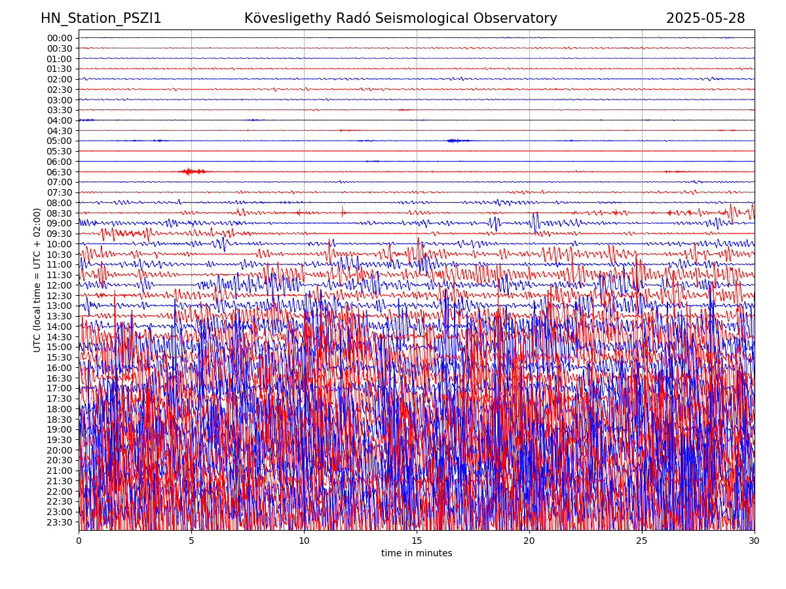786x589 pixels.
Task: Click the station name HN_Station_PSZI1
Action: (x=101, y=18)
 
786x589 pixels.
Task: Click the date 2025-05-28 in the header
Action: (x=705, y=18)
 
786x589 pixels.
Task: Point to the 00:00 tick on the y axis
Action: (x=60, y=38)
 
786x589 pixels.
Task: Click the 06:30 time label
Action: (x=60, y=172)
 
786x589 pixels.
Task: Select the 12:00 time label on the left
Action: (x=60, y=285)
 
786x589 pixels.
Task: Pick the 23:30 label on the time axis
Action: (x=60, y=522)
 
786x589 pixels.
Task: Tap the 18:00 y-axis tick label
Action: (x=60, y=409)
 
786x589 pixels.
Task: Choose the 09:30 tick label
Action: (x=60, y=234)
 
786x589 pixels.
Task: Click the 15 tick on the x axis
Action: (x=417, y=541)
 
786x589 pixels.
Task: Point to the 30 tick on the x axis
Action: (x=755, y=541)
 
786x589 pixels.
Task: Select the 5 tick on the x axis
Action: (x=191, y=541)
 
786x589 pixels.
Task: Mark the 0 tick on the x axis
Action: (x=79, y=541)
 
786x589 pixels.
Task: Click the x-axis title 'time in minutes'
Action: (x=417, y=554)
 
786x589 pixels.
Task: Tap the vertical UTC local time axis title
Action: (x=37, y=280)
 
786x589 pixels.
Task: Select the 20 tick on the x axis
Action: (x=529, y=541)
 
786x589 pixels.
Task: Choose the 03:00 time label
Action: (x=60, y=100)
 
